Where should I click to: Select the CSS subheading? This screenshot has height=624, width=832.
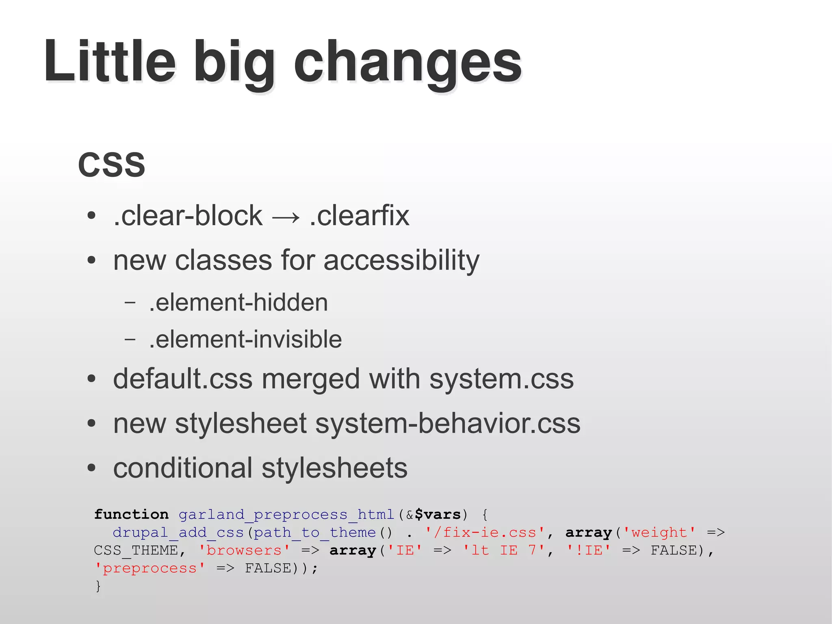(112, 165)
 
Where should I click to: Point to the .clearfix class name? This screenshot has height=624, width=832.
(359, 215)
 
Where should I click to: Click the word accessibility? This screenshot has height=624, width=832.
(401, 260)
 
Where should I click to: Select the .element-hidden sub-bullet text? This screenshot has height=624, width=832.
(238, 302)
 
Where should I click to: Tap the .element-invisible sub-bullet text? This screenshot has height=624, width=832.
(245, 339)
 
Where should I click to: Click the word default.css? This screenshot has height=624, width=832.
(183, 379)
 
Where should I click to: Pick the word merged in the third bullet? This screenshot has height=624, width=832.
(311, 379)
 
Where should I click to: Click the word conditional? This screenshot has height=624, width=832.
(183, 468)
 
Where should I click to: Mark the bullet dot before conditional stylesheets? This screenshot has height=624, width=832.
(91, 468)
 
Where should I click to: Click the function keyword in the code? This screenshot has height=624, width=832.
(131, 515)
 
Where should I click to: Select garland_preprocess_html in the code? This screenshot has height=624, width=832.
(286, 515)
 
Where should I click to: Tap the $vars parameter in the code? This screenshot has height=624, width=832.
(438, 515)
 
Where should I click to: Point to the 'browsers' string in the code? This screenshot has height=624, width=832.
(244, 550)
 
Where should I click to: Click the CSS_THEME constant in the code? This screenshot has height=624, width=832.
(136, 550)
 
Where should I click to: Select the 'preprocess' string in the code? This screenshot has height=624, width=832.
(149, 568)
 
